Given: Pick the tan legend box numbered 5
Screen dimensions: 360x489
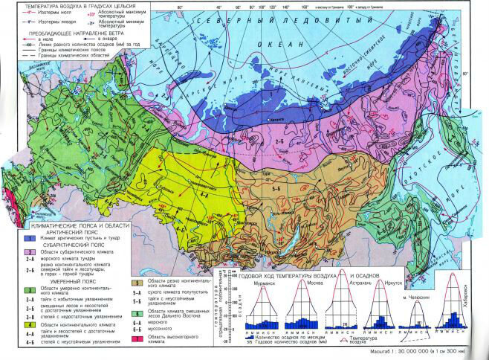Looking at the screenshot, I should coord(155,283).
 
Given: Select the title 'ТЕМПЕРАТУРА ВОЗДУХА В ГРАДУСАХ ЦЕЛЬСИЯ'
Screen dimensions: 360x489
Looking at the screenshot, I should coord(65,6).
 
